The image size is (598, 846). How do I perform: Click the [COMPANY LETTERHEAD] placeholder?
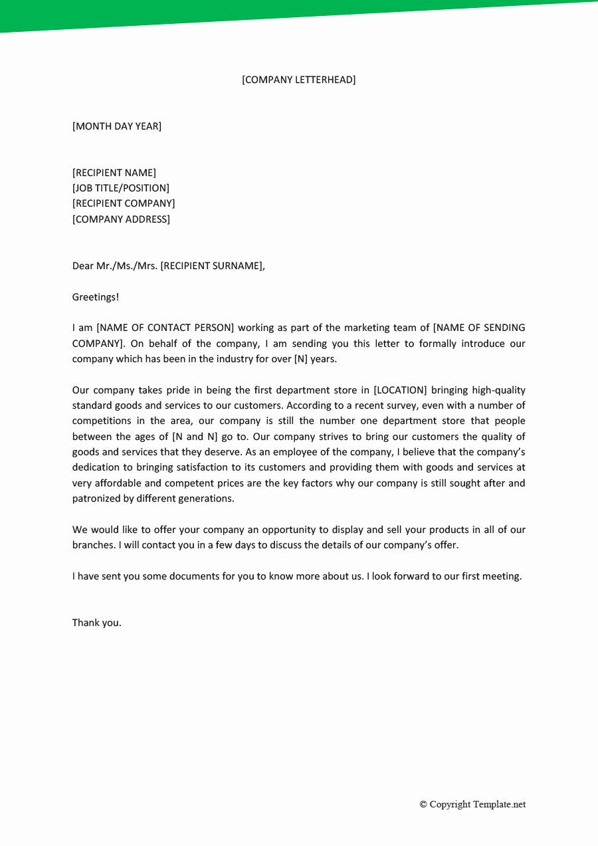pyautogui.click(x=298, y=80)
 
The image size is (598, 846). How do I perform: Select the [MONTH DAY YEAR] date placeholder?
pyautogui.click(x=116, y=126)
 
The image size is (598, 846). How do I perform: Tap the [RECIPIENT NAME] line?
pyautogui.click(x=114, y=173)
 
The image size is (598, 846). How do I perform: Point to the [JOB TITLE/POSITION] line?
pyautogui.click(x=120, y=188)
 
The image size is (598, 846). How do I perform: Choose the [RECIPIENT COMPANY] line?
pyautogui.click(x=124, y=203)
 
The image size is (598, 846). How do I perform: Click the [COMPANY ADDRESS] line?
pyautogui.click(x=121, y=219)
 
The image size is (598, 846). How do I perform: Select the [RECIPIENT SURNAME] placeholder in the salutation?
pyautogui.click(x=211, y=266)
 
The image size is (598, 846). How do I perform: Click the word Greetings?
pyautogui.click(x=95, y=297)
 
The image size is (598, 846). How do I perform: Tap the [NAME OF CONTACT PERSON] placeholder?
pyautogui.click(x=165, y=328)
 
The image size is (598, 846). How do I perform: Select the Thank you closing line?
pyautogui.click(x=96, y=623)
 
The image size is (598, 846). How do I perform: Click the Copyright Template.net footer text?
pyautogui.click(x=472, y=804)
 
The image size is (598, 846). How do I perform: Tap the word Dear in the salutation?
pyautogui.click(x=83, y=266)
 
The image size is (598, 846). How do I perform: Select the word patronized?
pyautogui.click(x=96, y=498)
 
